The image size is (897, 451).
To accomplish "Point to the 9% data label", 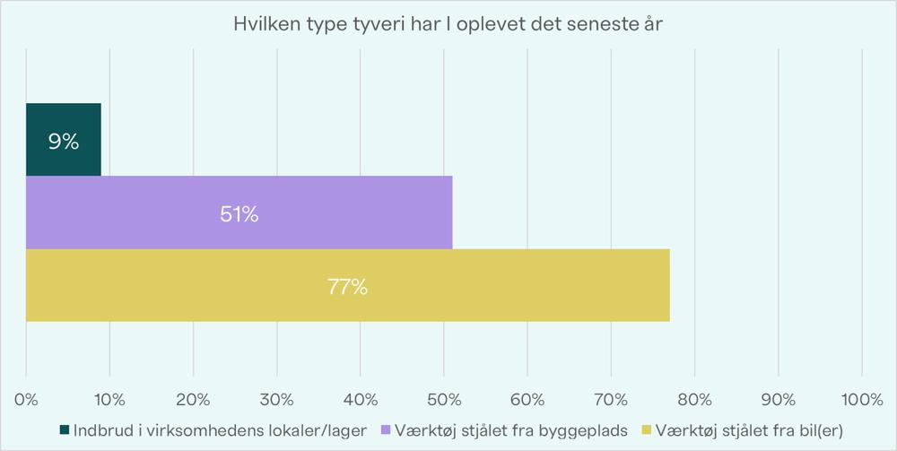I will tap(64, 141).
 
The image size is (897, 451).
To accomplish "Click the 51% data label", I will tap(239, 214).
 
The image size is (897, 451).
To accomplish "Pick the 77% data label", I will tap(347, 287).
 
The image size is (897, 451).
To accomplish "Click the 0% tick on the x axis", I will tap(26, 398).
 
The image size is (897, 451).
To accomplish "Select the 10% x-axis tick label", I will tap(109, 398).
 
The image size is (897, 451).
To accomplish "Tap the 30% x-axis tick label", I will tap(276, 398).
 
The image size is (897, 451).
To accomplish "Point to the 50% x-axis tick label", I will tap(444, 398).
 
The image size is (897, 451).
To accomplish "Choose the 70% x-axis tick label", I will tap(611, 398).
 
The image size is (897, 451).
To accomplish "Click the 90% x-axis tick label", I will tap(778, 398).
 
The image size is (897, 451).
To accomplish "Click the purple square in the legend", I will tap(388, 430).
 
